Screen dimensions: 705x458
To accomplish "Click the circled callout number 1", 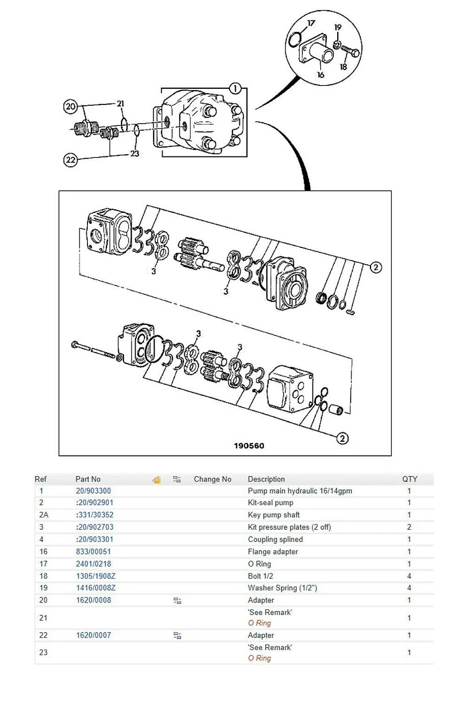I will pos(235,88).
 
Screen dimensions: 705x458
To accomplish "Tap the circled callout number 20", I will pos(70,106).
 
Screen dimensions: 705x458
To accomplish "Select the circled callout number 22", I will pos(70,160).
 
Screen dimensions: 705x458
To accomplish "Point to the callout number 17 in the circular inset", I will pos(311,23).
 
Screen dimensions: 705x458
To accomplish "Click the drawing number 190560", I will pos(249,446).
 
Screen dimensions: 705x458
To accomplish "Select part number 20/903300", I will pos(93,491).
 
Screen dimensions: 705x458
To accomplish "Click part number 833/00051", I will pos(93,551).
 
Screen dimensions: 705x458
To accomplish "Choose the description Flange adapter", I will pos(273,551).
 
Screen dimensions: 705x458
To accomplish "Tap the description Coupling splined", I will pos(275,539).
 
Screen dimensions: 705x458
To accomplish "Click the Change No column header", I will pos(213,479).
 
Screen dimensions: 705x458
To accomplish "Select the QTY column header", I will pos(409,479).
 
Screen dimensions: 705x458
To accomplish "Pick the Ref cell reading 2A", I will pos(43,515).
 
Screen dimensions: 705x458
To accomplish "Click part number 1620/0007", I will pos(94,635).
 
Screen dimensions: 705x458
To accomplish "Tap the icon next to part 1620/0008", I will pos(177,600).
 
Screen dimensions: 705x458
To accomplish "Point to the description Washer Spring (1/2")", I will pos(282,587).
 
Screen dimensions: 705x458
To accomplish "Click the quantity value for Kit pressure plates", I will pos(409,527).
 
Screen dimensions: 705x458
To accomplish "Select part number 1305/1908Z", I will pos(95,576).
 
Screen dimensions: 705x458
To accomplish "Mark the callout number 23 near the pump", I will pos(134,153).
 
